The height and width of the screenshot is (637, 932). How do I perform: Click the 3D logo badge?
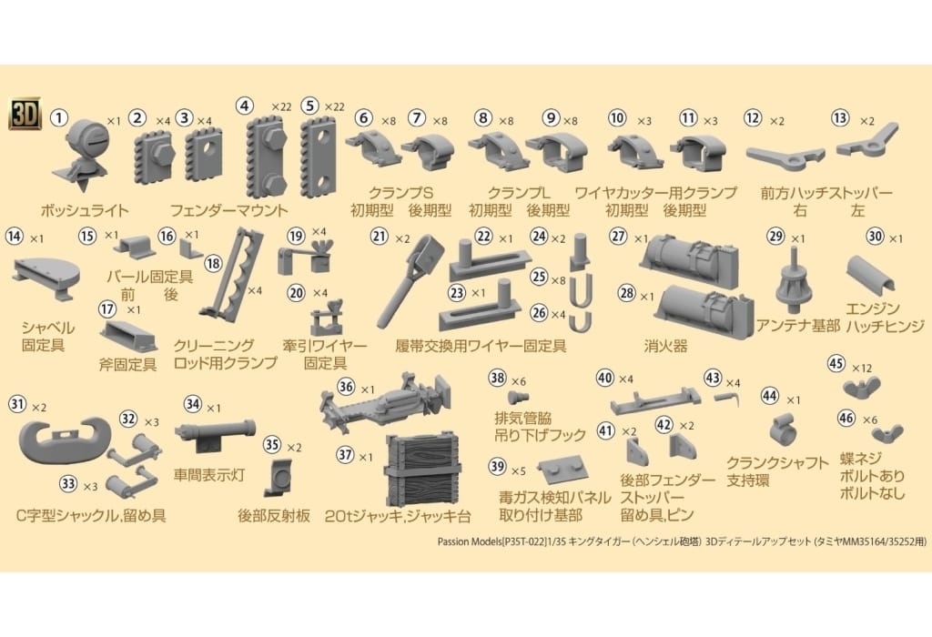(25, 113)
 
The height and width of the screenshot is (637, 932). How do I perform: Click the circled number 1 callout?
(59, 117)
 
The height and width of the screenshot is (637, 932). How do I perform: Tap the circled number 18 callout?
(213, 263)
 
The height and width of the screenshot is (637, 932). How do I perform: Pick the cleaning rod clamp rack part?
(232, 273)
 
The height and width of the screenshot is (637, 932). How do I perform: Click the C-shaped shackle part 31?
(66, 440)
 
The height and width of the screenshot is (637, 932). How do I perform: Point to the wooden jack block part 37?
(422, 470)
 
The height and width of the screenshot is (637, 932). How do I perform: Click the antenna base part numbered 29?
(795, 279)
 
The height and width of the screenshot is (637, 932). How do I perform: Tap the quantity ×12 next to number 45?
(861, 369)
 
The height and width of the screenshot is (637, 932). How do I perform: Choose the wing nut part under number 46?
(886, 435)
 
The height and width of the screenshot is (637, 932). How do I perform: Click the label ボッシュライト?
(84, 210)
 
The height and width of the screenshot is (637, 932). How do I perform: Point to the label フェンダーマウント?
(228, 210)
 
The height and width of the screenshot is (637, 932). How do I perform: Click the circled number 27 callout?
(619, 237)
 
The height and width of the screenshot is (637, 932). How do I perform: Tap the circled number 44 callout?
(770, 395)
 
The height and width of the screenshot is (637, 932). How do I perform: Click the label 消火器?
(665, 346)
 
